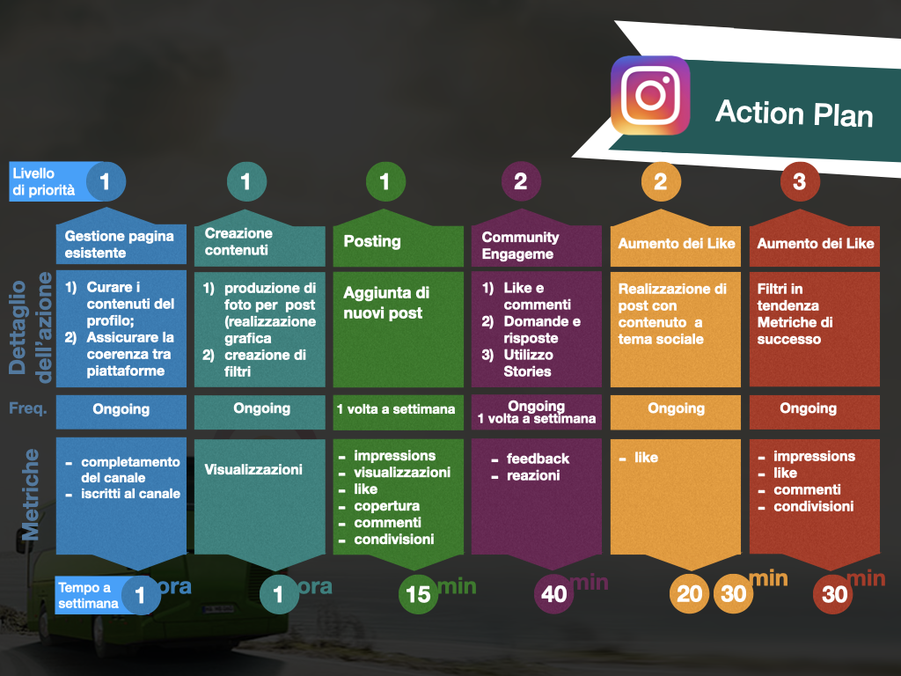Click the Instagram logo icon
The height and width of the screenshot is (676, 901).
[x=650, y=95]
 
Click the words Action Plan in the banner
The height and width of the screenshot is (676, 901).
[x=795, y=113]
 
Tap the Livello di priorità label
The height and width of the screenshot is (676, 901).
[x=44, y=181]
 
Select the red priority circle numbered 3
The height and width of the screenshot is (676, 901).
[x=799, y=181]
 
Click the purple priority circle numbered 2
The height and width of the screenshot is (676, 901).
[x=521, y=181]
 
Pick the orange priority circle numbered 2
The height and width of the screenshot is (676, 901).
[x=661, y=181]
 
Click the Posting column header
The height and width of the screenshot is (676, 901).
[x=372, y=241]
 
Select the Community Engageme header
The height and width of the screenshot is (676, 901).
[x=520, y=246]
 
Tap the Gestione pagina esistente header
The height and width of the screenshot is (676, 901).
[x=119, y=245]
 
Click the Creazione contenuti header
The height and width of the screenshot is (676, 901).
[x=238, y=241]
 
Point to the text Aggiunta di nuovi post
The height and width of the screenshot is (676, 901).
[x=385, y=303]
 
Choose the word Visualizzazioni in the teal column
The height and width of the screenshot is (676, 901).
[x=253, y=470]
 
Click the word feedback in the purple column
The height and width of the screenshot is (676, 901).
[x=538, y=459]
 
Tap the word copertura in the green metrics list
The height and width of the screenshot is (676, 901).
[x=387, y=506]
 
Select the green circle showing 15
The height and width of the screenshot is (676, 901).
[x=418, y=594]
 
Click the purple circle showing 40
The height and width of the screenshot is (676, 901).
[x=553, y=594]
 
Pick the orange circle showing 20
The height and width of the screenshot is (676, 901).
[x=689, y=594]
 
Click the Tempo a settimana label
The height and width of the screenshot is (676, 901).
[x=88, y=596]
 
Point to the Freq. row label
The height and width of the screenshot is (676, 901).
[x=27, y=408]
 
